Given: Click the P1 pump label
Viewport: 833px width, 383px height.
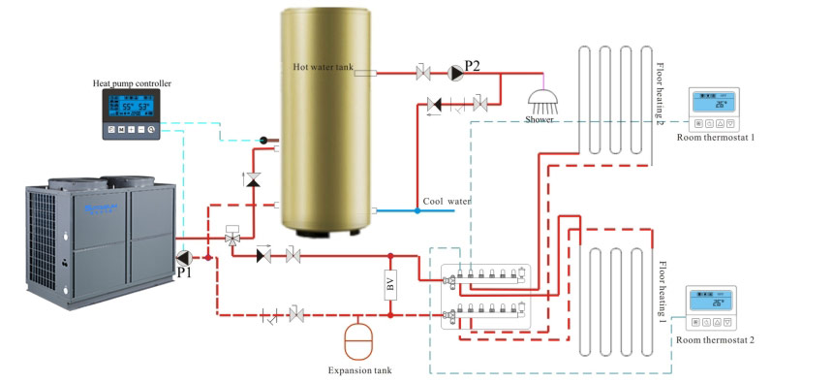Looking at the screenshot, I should (185, 272).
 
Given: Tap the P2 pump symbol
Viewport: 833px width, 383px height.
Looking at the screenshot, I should (454, 72).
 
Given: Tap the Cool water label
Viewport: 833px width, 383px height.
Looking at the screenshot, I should (447, 202).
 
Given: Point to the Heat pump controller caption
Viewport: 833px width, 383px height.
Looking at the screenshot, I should (132, 84).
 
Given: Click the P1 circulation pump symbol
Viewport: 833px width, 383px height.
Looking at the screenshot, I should (185, 257).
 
